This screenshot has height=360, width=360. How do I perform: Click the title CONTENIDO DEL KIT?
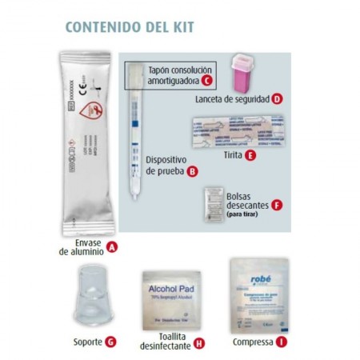pos(128,26)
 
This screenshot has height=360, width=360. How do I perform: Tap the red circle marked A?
pos(112,247)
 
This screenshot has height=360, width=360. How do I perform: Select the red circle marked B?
pos(191,170)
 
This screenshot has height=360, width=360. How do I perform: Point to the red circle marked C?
pos(206,80)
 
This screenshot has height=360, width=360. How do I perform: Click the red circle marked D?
pos(277,99)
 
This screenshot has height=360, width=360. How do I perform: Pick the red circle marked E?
pos(251,154)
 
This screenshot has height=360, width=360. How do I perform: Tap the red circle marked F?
pos(278,204)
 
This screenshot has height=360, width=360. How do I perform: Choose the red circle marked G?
pos(110,342)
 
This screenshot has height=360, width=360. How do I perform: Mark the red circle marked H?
pos(198,343)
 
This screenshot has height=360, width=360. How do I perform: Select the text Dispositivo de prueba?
pos(166,165)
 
